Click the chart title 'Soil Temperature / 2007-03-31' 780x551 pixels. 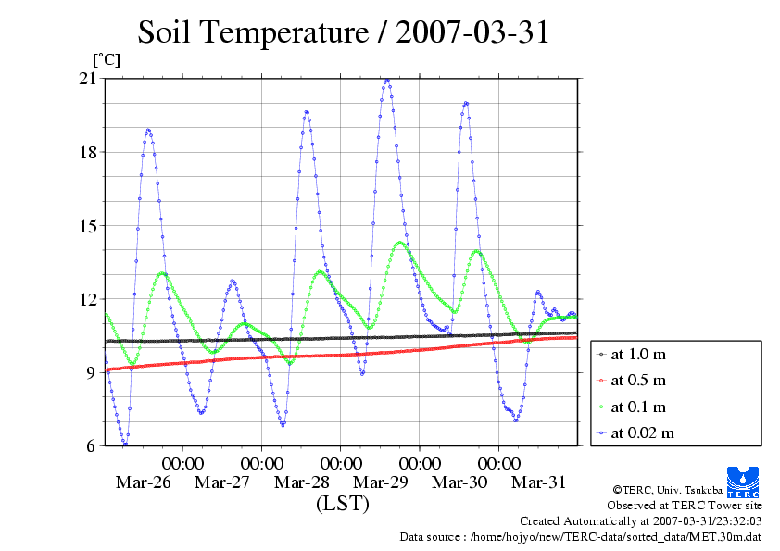click(344, 32)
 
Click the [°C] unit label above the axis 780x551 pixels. click(106, 59)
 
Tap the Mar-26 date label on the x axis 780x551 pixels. click(144, 482)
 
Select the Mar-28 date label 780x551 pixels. click(302, 482)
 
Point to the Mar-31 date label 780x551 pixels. click(539, 482)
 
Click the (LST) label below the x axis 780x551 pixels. click(342, 504)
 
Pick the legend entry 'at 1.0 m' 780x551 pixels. click(638, 354)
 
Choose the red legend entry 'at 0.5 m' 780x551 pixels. click(638, 381)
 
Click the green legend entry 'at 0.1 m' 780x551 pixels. click(638, 407)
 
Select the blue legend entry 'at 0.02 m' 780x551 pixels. click(642, 432)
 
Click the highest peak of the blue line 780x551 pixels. click(386, 81)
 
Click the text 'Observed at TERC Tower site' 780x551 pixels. click(685, 506)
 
